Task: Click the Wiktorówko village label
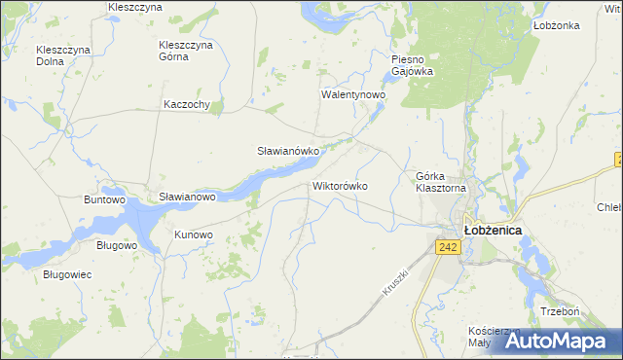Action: click(340, 185)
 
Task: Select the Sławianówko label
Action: click(288, 152)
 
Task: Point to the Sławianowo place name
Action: click(187, 197)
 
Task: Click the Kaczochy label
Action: click(188, 105)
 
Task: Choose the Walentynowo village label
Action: click(354, 96)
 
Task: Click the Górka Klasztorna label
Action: click(442, 182)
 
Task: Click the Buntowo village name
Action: click(106, 199)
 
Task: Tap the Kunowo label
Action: click(193, 234)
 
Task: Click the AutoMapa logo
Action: click(556, 341)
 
